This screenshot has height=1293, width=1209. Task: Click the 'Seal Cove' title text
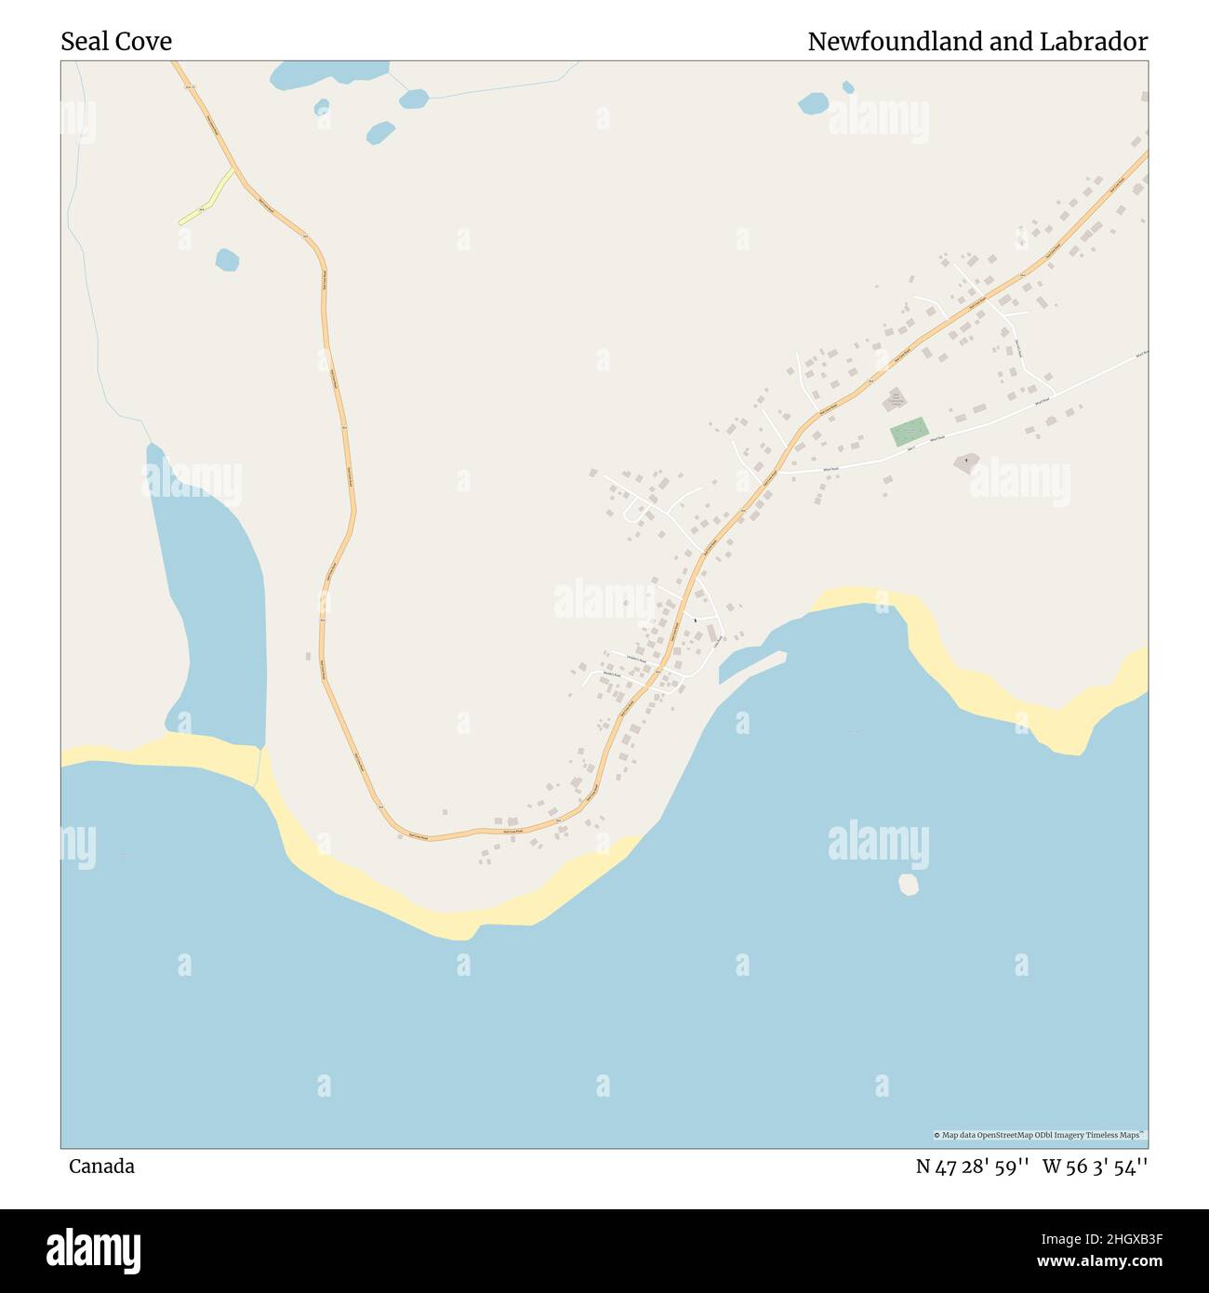coord(116,42)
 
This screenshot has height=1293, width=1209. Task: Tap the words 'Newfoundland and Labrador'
coord(976,42)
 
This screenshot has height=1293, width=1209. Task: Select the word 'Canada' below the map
coord(101,1166)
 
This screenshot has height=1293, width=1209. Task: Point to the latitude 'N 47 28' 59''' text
coord(972,1166)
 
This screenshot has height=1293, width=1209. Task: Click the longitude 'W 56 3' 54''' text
coord(1095,1166)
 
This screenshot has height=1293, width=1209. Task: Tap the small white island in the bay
coord(909,884)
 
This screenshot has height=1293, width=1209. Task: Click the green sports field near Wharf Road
coord(909,432)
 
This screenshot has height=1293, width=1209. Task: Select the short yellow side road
coord(207,197)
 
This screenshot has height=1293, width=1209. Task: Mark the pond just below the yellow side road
coord(227,260)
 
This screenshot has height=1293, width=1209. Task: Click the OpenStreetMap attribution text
coord(1040,1135)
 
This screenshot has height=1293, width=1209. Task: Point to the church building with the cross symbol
coord(966,461)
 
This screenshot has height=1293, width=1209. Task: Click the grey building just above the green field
coord(895,400)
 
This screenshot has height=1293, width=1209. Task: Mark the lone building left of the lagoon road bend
coord(308,657)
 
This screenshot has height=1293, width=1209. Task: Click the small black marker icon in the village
coord(695,620)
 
